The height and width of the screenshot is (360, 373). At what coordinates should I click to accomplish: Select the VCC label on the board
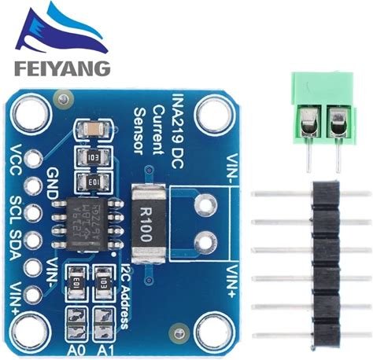pyautogui.click(x=17, y=162)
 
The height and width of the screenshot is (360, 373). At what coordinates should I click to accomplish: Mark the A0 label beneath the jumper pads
pyautogui.click(x=75, y=348)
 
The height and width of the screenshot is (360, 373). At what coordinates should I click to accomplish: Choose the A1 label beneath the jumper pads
pyautogui.click(x=104, y=348)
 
